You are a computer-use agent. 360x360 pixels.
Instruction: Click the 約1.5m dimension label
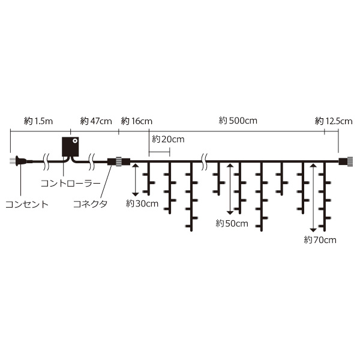[38, 121]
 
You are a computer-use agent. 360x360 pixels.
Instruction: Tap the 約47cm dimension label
[96, 121]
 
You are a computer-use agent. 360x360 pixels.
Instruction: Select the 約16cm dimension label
[136, 121]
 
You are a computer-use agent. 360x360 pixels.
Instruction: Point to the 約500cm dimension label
[238, 121]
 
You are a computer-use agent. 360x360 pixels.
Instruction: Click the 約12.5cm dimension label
[334, 121]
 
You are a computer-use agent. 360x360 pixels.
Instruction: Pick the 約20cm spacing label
[168, 139]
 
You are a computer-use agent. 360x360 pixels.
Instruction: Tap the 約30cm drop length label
[142, 203]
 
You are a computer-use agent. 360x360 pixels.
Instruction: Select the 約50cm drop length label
[232, 223]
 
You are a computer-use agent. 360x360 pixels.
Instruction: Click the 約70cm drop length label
[320, 240]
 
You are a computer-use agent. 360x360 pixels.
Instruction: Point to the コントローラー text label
[71, 184]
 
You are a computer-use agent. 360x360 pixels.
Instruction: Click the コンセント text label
[27, 204]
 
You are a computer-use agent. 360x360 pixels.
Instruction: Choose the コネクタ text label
[90, 203]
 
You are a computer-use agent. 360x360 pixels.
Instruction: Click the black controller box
[70, 147]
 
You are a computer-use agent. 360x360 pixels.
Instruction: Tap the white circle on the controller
[75, 141]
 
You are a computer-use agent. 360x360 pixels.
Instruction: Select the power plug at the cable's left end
[19, 161]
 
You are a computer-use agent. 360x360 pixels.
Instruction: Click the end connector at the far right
[346, 161]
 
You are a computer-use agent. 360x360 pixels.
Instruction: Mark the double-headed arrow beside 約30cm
[136, 180]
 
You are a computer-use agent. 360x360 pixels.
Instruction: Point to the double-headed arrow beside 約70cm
[313, 198]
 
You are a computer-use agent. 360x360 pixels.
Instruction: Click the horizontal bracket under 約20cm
[160, 152]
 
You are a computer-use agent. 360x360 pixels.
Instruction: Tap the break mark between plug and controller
[46, 161]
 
